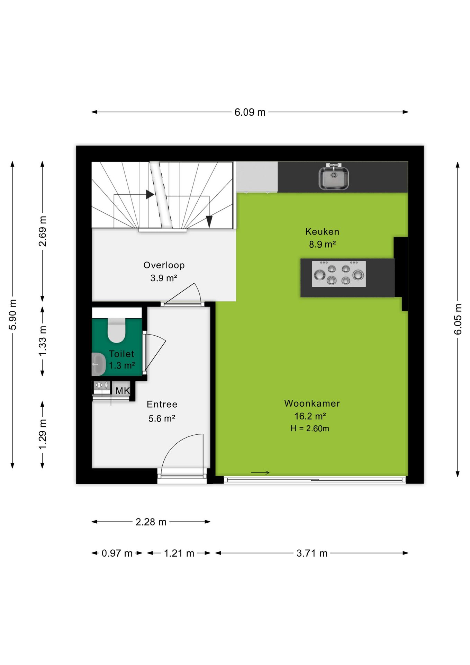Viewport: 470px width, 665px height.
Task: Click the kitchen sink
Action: click(333, 177)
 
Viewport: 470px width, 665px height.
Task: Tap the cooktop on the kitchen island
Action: click(339, 274)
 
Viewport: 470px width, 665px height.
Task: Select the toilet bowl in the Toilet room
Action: click(116, 330)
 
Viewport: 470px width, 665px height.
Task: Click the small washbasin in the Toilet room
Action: click(99, 364)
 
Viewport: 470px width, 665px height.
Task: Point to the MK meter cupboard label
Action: click(123, 391)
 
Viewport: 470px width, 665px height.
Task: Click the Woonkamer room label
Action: click(312, 404)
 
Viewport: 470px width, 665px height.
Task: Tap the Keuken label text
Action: click(322, 232)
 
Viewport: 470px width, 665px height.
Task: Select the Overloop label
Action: click(164, 265)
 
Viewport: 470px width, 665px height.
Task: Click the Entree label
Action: click(162, 405)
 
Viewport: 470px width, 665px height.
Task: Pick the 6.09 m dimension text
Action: click(250, 112)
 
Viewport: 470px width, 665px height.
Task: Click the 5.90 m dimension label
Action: click(12, 315)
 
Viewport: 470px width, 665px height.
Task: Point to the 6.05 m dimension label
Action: click(458, 319)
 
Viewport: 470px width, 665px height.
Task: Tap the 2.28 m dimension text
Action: click(151, 522)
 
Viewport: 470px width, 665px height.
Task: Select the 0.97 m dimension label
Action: click(117, 553)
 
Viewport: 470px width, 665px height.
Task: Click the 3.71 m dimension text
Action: click(312, 553)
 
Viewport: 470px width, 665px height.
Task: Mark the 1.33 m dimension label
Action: click(42, 341)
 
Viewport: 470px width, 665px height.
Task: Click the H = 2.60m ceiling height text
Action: click(310, 428)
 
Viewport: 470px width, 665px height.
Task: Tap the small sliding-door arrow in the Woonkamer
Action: click(260, 472)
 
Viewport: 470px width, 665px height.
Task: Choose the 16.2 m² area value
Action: click(310, 416)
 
